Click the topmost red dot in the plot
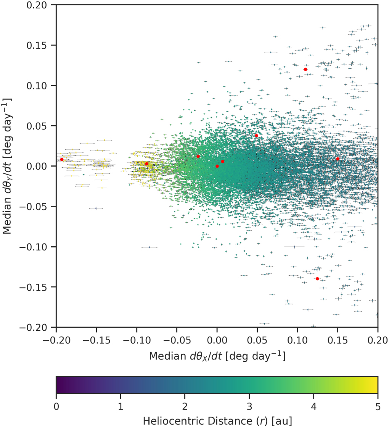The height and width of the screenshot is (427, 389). (305, 69)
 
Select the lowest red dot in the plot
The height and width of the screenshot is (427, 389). (317, 279)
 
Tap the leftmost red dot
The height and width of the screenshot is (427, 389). (62, 159)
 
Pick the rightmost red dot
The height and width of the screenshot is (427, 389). (338, 159)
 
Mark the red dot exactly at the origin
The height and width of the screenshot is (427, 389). (217, 166)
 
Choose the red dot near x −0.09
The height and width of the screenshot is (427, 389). (146, 164)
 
